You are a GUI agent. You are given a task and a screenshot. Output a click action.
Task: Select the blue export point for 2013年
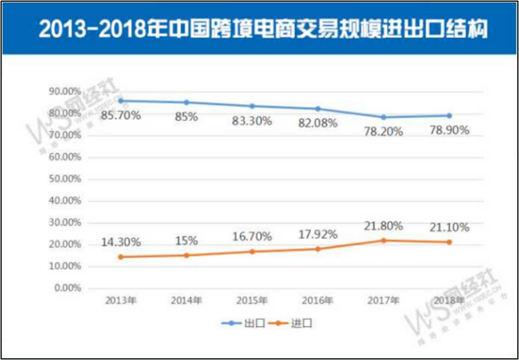point(121,101)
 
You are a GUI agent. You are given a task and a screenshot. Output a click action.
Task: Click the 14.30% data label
point(121,242)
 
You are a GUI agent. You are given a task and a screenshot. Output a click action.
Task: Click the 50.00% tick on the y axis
point(66,179)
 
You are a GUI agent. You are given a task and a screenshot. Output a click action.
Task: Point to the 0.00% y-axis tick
point(68,288)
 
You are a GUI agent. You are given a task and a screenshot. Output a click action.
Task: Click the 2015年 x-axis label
point(252,301)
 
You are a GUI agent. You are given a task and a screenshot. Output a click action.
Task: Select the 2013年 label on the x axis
point(121,301)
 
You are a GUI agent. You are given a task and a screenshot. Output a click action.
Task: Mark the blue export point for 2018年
point(450,116)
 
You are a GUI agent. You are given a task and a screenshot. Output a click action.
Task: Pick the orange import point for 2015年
point(252,252)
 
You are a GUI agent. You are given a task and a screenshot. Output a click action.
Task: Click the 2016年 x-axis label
point(318,301)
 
